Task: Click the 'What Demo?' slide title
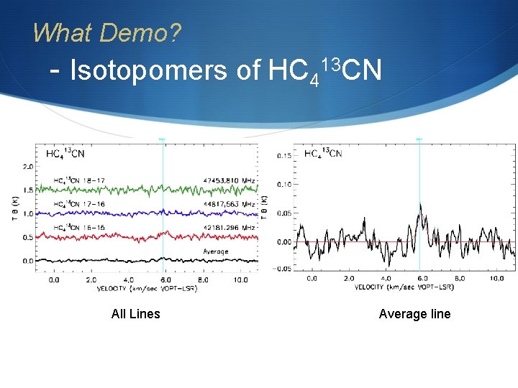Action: [107, 32]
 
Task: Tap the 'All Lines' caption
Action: [136, 313]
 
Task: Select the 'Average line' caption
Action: [414, 313]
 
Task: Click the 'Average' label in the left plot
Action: [216, 251]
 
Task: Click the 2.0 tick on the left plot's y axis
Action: [28, 167]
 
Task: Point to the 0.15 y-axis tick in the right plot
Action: [283, 155]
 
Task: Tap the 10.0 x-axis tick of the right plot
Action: [497, 278]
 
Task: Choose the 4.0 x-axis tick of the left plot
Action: [128, 280]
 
